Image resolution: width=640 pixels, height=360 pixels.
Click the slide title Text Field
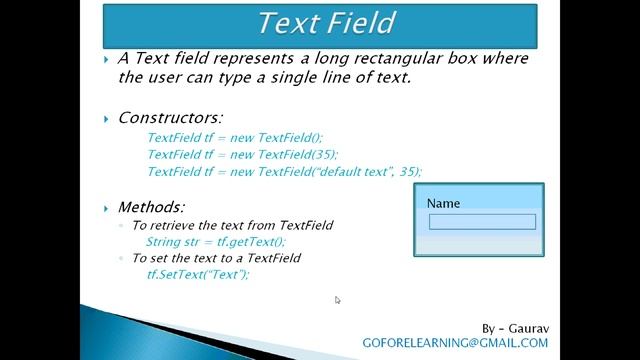[x=326, y=23]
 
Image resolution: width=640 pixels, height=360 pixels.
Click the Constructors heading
[x=170, y=118]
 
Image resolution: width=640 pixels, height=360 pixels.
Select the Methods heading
[x=151, y=207]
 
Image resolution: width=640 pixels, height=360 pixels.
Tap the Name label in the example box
[x=443, y=203]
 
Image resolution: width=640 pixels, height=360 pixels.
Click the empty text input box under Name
[x=482, y=222]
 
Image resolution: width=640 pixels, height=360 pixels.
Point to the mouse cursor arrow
[x=337, y=299]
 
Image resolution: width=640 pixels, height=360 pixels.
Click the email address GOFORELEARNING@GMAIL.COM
[x=455, y=343]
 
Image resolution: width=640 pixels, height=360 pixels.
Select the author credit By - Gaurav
[x=514, y=328]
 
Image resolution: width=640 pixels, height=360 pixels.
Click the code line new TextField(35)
[x=242, y=154]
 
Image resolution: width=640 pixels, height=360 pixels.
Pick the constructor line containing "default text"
[x=284, y=171]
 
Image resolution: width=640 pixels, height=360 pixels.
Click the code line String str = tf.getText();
[x=215, y=241]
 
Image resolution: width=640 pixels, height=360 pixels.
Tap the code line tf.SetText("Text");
[x=197, y=274]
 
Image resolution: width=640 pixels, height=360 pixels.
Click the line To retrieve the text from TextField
[x=232, y=225]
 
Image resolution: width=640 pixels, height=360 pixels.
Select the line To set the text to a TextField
[x=216, y=258]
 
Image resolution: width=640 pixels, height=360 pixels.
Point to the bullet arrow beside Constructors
[x=107, y=119]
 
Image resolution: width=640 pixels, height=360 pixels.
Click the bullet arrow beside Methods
[x=107, y=208]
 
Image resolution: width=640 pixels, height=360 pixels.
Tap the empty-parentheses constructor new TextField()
[x=235, y=138]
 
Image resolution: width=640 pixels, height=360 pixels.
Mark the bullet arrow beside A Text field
[x=107, y=59]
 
